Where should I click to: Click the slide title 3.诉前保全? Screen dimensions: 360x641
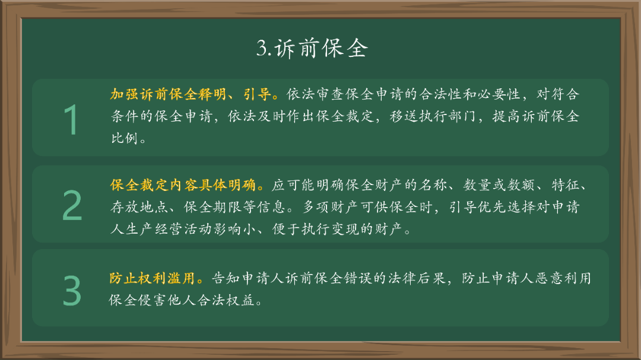pyautogui.click(x=312, y=49)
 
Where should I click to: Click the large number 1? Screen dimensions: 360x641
pyautogui.click(x=71, y=120)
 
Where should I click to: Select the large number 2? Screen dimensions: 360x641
pyautogui.click(x=72, y=206)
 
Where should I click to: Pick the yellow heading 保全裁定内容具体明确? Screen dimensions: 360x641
pyautogui.click(x=183, y=186)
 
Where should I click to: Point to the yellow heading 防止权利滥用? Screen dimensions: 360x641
pyautogui.click(x=153, y=278)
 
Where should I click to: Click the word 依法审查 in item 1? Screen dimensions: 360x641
pyautogui.click(x=315, y=94)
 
